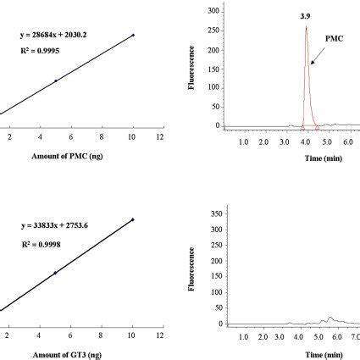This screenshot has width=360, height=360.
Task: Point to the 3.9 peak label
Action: (x=305, y=16)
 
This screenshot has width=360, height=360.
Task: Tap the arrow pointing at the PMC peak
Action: (x=316, y=80)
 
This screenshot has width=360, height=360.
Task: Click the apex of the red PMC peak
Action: (x=305, y=26)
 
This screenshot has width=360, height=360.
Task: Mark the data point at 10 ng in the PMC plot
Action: (x=133, y=36)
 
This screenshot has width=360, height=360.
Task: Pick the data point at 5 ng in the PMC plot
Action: (x=55, y=80)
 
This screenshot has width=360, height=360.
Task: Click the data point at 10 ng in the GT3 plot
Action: (x=133, y=220)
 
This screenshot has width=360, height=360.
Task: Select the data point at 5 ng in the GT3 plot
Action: (x=55, y=273)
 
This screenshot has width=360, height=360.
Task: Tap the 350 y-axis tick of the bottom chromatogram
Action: (x=212, y=208)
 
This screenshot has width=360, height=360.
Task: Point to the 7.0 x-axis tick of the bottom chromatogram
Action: (x=355, y=336)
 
